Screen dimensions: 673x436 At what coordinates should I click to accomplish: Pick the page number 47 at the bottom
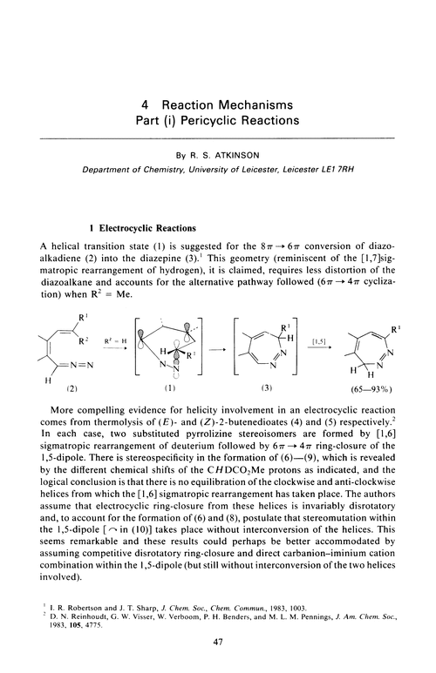tap(217, 643)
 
